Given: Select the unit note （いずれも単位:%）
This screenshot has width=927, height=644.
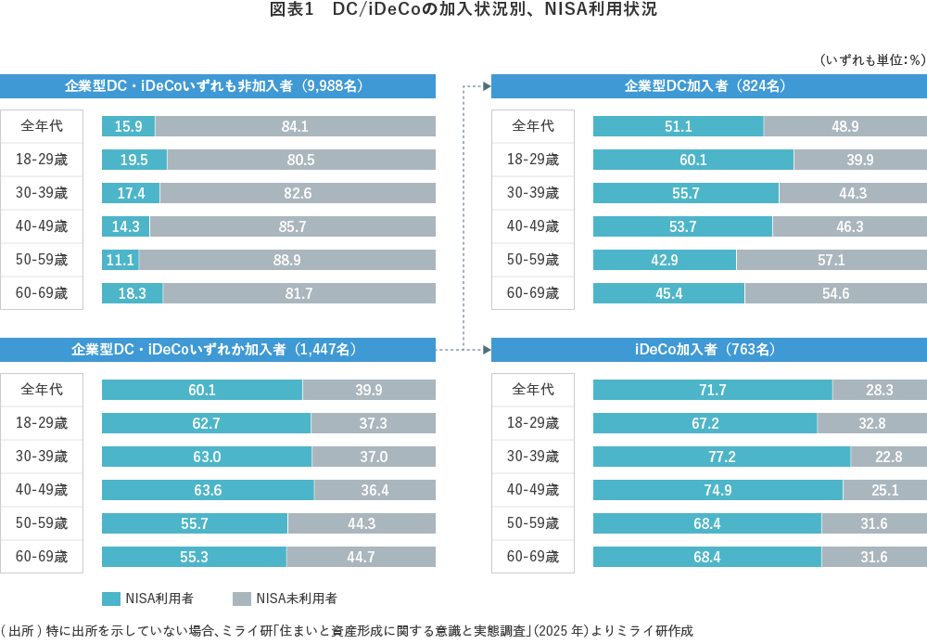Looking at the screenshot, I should point(871,59).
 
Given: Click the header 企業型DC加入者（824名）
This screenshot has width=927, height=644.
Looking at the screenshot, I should point(708,85).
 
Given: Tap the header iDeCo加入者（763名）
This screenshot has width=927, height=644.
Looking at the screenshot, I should point(708,350).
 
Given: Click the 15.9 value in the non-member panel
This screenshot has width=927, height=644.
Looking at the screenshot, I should point(128,126).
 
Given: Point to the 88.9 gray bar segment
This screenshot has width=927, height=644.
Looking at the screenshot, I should point(286,260).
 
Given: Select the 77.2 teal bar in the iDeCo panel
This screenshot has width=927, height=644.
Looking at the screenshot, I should point(721,457).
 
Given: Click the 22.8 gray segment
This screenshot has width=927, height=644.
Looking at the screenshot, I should point(888,457).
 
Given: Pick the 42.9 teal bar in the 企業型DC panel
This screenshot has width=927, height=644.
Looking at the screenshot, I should point(665,260).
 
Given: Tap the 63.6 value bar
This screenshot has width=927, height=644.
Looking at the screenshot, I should point(208,490).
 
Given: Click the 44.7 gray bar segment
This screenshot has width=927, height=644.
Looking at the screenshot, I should point(361,557).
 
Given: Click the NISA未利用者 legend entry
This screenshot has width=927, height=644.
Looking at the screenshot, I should point(285,599).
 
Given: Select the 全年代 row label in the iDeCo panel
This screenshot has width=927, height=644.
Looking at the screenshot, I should point(533,390).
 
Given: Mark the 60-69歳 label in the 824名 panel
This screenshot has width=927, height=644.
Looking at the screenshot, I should point(533,293).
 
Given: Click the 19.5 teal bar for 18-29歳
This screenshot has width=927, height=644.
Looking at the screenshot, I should point(134,160).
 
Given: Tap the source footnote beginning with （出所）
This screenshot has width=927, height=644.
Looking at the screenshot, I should point(347,630).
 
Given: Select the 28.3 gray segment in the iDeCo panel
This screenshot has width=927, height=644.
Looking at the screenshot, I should point(879,390).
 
